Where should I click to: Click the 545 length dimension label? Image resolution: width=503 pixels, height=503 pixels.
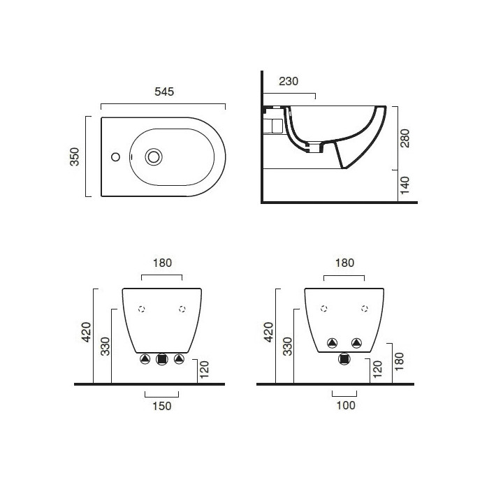pos(163,92)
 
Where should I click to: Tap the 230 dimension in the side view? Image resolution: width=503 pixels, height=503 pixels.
pos(289,81)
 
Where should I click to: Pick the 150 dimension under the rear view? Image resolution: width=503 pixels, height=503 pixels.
pos(162,405)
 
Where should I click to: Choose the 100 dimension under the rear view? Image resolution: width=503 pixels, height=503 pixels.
pos(345,405)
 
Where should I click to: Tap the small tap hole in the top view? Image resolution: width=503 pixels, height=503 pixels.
pos(116,156)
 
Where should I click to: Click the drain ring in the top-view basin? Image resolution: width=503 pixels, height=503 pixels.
pos(153,156)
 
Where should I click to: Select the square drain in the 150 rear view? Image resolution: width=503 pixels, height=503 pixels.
pos(162,359)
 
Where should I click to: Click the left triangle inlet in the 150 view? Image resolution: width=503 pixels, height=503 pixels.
pos(145,359)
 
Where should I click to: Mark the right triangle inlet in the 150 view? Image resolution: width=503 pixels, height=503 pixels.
pos(180,359)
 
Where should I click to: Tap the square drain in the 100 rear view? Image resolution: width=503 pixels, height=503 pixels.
pos(344,359)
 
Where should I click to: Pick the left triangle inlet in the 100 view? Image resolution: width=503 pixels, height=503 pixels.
pos(333,342)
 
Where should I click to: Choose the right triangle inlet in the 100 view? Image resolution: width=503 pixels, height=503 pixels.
pos(357,342)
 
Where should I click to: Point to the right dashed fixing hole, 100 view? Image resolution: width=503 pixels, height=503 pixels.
pos(365,308)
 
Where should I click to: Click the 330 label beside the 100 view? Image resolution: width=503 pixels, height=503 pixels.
pos(286,346)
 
